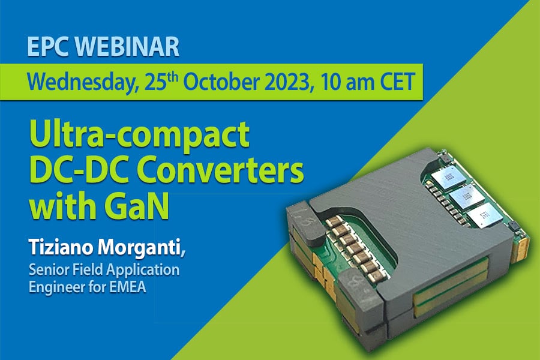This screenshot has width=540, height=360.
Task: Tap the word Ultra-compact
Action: [x=139, y=135]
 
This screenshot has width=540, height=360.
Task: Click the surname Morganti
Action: [x=141, y=247]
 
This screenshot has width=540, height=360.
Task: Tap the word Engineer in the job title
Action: [x=57, y=287]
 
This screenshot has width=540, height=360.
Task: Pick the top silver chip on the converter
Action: [x=446, y=178]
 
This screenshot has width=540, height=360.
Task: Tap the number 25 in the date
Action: [x=153, y=83]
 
